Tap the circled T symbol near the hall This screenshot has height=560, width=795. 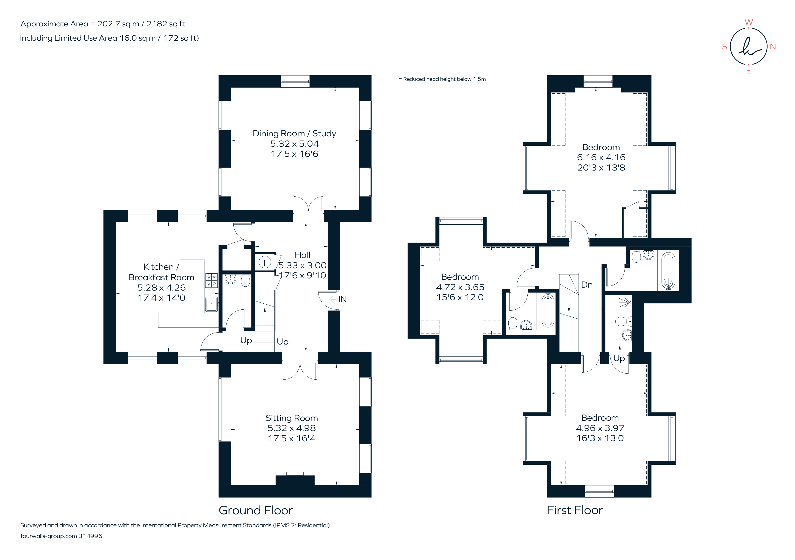(265, 263)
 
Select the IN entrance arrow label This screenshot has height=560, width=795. (342, 300)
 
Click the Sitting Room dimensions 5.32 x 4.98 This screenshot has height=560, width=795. (291, 428)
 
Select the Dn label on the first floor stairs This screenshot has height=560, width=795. (587, 285)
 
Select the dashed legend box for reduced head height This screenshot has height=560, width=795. (388, 79)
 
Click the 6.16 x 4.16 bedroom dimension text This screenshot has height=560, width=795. (601, 157)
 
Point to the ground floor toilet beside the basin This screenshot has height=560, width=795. (245, 281)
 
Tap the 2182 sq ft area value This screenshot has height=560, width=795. (166, 24)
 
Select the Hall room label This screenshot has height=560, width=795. (302, 255)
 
